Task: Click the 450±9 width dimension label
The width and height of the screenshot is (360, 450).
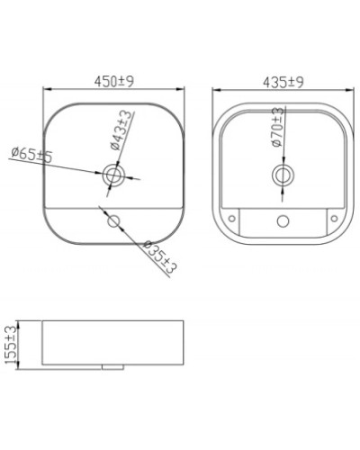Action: [x=115, y=81]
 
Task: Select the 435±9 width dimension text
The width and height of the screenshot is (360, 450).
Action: [x=282, y=81]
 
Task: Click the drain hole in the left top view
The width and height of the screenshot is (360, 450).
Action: [x=114, y=175]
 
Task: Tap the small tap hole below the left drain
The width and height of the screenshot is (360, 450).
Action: [x=113, y=220]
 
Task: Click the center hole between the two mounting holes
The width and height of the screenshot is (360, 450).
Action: [x=282, y=220]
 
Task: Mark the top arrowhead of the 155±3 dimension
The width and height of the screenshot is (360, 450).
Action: [x=22, y=324]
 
